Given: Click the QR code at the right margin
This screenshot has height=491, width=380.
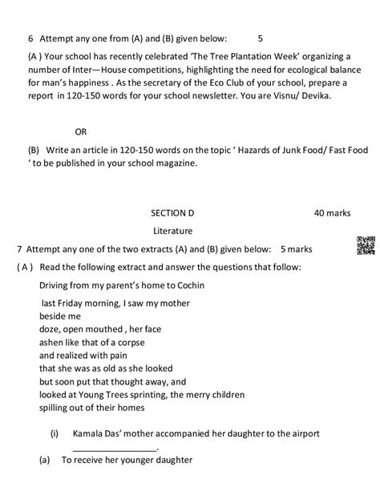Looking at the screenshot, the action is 365,246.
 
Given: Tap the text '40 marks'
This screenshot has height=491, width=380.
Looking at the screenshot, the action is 331,214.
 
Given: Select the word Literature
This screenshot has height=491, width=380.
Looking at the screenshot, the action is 172,230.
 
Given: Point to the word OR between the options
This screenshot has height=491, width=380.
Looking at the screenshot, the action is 80,131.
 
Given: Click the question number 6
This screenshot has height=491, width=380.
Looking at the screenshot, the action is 30,38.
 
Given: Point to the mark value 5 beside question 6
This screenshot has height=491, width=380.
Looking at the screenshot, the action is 261,38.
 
